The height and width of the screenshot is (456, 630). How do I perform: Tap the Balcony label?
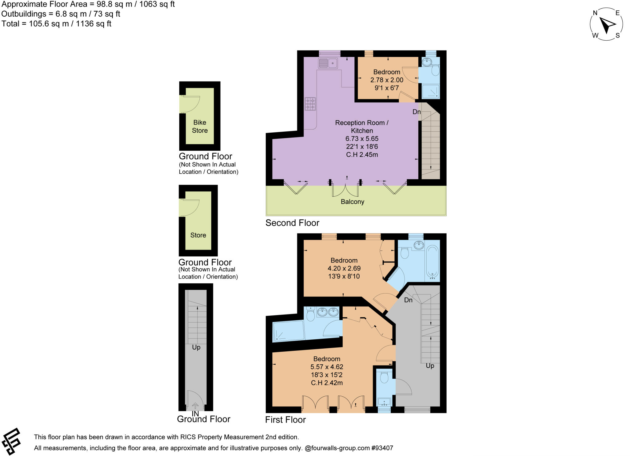tap(352, 202)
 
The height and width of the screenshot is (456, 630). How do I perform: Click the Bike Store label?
tap(200, 126)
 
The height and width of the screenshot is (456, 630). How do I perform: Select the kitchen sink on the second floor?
tap(328, 63)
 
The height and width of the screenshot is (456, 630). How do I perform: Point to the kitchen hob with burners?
tap(310, 104)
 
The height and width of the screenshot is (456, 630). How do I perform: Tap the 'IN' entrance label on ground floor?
tap(195, 414)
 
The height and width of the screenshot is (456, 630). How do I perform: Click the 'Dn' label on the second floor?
tap(417, 112)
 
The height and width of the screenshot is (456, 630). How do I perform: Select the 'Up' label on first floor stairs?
tap(430, 366)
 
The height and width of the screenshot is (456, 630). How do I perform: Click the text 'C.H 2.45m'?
tap(362, 155)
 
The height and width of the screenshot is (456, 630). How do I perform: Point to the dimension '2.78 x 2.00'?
tap(387, 80)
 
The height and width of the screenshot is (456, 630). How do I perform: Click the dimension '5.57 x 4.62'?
tap(327, 367)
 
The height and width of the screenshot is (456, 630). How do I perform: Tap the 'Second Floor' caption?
tap(292, 223)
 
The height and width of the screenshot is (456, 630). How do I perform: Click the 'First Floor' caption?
tap(285, 420)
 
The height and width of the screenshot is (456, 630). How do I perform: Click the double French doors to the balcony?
tap(345, 189)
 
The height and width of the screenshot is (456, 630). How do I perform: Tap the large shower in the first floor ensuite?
tap(288, 331)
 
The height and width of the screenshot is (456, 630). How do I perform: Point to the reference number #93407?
tap(382, 448)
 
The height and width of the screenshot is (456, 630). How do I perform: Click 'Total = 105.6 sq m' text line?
tap(56, 24)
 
